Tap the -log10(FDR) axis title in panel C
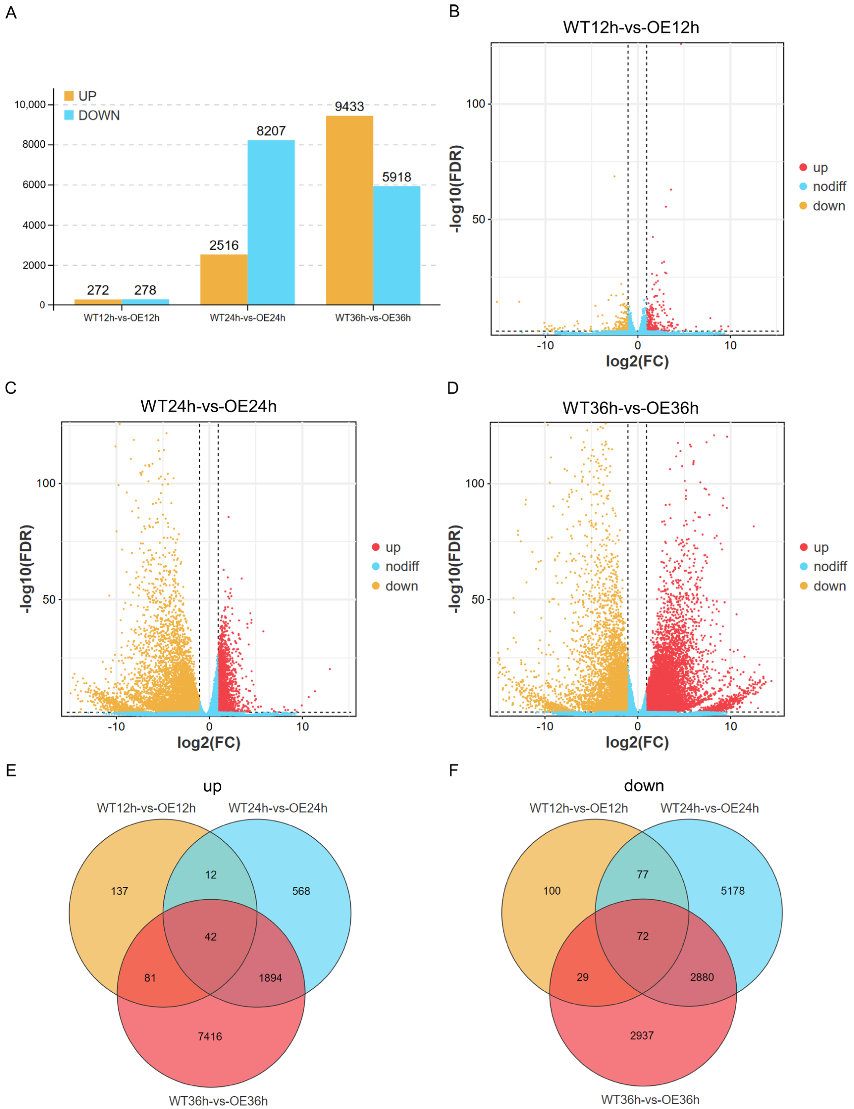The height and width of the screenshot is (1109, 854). click(x=26, y=569)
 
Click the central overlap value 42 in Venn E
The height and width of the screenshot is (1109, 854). click(x=210, y=937)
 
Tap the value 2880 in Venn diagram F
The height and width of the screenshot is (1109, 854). click(x=702, y=977)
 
